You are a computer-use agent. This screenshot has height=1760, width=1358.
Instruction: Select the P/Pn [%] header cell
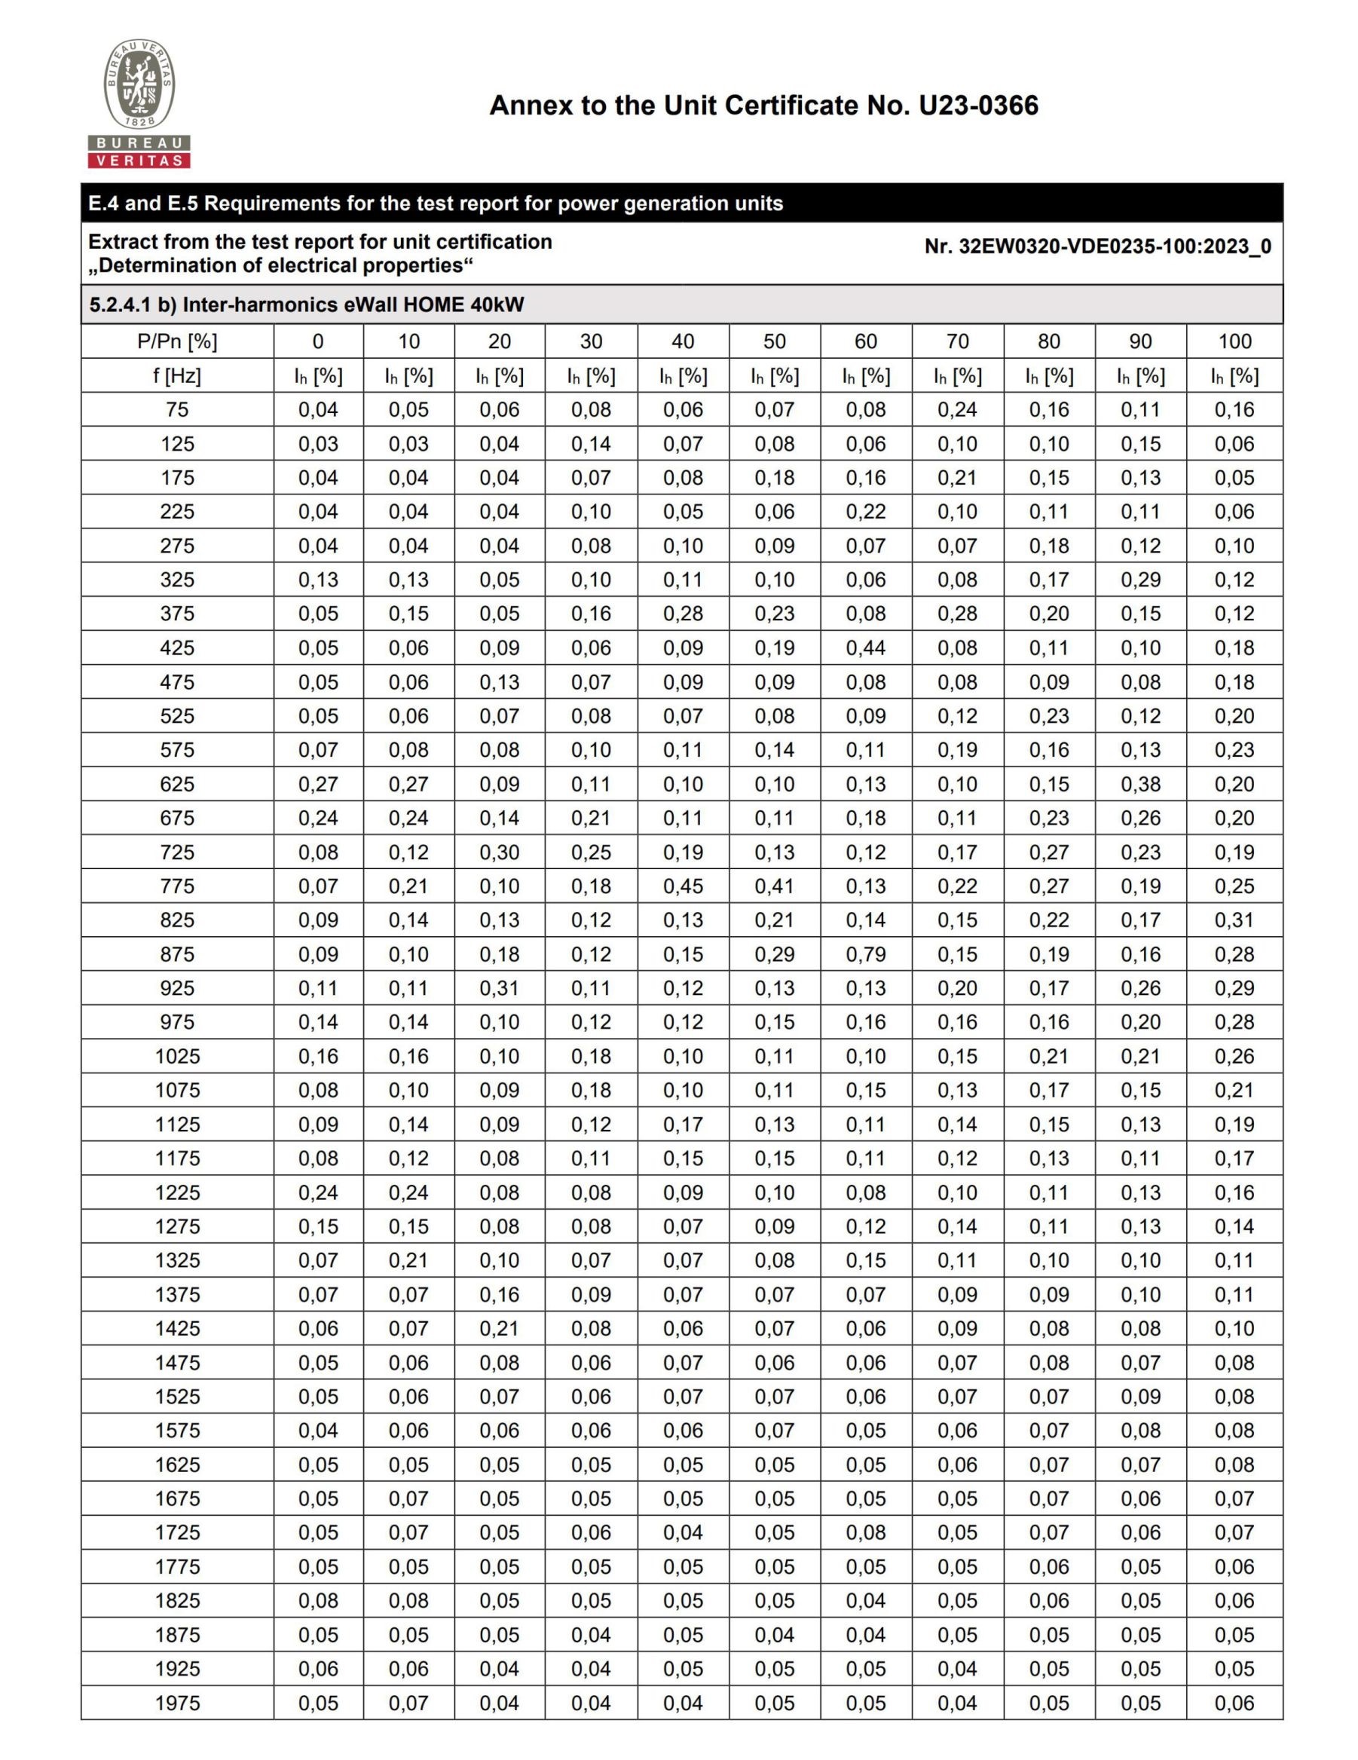coord(177,341)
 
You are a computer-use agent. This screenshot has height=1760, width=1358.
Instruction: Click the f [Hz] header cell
coord(177,375)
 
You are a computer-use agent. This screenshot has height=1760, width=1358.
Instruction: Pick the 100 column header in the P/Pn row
coord(1234,341)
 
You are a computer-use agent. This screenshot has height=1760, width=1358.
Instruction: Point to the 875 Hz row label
coord(177,954)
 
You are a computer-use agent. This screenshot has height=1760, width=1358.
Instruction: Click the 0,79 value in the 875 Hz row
coord(866,954)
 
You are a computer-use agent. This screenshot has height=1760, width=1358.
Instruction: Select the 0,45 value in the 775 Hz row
coord(683,886)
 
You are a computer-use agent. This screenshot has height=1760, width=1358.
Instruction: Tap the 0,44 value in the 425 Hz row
coord(866,648)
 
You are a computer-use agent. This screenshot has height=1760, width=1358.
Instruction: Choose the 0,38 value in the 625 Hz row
coord(1140,784)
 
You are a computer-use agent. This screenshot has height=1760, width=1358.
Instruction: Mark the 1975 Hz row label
coord(177,1703)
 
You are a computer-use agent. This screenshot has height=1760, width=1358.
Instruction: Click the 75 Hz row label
coord(177,409)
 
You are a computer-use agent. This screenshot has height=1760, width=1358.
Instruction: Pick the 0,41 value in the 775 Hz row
coord(774,886)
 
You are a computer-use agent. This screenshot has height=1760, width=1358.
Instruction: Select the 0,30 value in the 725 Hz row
coord(500,852)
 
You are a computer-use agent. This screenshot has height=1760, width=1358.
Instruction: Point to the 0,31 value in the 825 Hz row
coord(1234,920)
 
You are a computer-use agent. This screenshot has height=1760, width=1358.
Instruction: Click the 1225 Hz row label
coord(177,1192)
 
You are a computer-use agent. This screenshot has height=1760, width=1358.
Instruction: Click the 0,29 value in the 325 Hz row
coord(1140,580)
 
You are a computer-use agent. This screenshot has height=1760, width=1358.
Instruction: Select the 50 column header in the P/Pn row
coord(774,341)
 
